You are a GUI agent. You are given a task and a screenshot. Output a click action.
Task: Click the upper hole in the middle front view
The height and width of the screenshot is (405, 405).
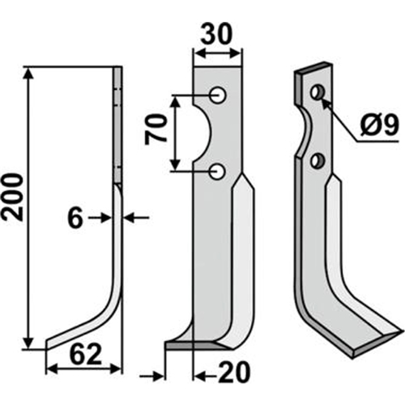(x=218, y=96)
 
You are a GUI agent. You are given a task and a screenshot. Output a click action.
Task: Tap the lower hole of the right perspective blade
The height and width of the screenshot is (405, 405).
(x=321, y=159)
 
